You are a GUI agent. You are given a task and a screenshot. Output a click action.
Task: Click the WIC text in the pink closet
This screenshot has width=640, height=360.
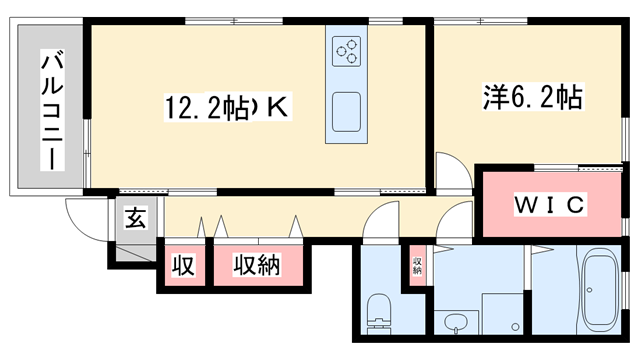[x=549, y=204]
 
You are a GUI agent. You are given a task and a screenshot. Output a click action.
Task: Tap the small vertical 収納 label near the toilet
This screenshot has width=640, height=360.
[x=416, y=265]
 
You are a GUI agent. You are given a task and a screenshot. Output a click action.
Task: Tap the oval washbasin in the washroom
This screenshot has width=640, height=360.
[x=456, y=323]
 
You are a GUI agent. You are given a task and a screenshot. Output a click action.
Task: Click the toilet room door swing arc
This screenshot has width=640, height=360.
[x=377, y=222]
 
